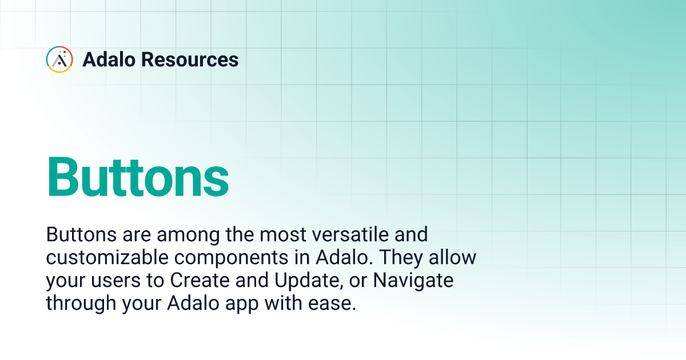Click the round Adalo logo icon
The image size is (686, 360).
[59, 59]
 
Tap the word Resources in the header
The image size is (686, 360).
[196, 59]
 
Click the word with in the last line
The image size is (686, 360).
[288, 303]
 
